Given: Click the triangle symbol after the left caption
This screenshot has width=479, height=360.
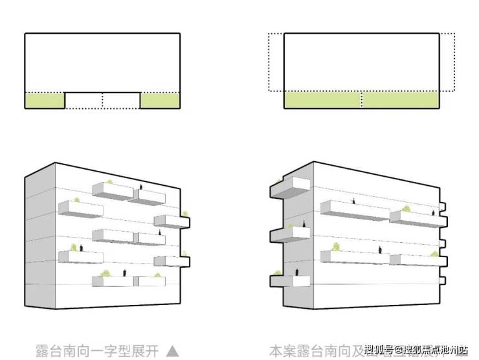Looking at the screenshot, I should click(x=172, y=351).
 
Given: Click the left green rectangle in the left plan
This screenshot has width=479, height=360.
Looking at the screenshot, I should click(x=45, y=100).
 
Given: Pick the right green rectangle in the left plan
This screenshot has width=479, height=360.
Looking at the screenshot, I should click(x=160, y=100).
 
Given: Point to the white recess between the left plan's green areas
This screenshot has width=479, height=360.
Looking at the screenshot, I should click(x=102, y=100).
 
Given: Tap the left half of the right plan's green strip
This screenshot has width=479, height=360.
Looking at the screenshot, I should click(x=322, y=100).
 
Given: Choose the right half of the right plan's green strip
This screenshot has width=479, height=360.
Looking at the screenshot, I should click(x=401, y=100).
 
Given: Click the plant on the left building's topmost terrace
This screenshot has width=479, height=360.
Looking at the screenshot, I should click(x=109, y=183).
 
